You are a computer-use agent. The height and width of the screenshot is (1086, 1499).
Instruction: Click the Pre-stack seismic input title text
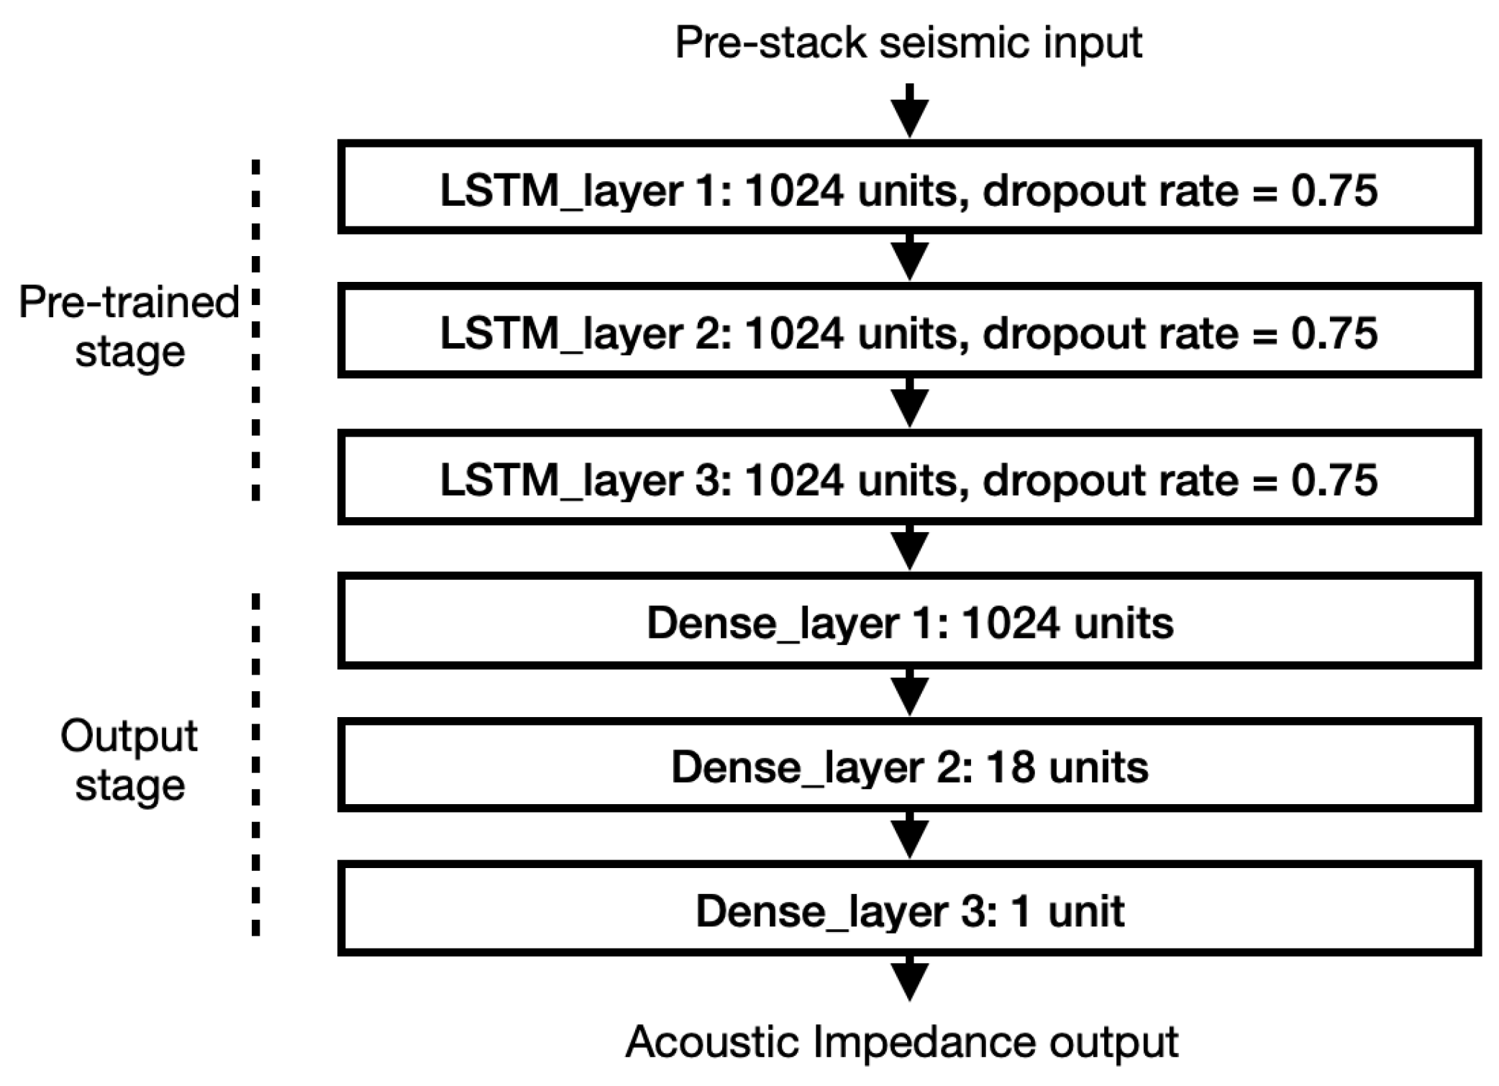tap(908, 43)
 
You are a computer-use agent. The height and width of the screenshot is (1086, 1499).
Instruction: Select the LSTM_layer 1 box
tap(909, 188)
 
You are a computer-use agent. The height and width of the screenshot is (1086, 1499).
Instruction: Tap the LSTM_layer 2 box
tap(909, 332)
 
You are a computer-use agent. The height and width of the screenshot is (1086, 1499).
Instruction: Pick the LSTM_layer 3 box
tap(909, 478)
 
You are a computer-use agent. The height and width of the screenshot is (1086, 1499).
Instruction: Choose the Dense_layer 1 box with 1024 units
tap(909, 621)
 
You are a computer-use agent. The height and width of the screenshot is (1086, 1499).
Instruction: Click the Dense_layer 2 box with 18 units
tap(909, 766)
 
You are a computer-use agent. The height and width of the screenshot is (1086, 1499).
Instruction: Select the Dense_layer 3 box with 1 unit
tap(909, 910)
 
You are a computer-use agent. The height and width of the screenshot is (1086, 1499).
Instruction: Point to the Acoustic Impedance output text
tap(902, 1041)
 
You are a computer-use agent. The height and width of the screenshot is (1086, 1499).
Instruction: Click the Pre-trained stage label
tap(129, 327)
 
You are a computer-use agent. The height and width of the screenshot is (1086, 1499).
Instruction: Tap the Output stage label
tap(129, 760)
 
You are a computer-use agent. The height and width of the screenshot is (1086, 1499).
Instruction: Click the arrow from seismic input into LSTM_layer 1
tap(910, 111)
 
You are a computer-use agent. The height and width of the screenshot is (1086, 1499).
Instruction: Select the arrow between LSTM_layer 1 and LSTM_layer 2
tap(910, 257)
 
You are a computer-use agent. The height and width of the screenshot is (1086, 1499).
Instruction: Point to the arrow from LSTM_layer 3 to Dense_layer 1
tap(910, 548)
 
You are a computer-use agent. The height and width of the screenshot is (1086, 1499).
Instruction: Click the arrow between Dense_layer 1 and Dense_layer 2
tap(910, 693)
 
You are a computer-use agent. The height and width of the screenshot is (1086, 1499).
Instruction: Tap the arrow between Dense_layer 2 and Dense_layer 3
tap(910, 836)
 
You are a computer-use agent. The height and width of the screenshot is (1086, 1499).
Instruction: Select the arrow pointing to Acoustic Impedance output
tap(910, 980)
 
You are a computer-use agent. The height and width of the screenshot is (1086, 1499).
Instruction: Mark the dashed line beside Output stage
tap(256, 765)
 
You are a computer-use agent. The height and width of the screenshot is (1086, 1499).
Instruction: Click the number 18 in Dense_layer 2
tap(1010, 767)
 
